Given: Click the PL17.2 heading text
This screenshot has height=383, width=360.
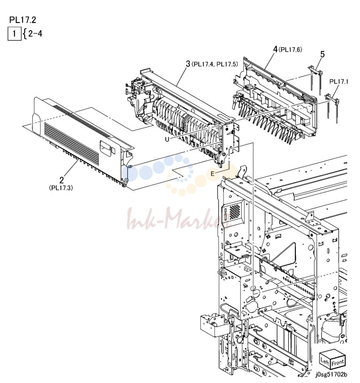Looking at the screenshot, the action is (23, 20).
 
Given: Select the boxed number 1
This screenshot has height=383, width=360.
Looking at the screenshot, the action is (15, 33).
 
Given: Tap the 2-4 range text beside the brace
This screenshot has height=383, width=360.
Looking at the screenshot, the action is (35, 33).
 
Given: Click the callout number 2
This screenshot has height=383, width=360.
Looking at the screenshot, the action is (61, 180).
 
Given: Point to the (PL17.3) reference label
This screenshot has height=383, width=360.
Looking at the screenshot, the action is (61, 188).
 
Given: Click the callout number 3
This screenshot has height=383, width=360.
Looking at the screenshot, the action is (188, 64).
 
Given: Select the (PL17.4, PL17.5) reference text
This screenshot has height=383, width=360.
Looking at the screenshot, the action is (214, 64).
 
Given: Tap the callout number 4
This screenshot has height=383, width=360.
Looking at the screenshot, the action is (275, 50).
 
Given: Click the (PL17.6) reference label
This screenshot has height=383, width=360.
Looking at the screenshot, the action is (290, 50).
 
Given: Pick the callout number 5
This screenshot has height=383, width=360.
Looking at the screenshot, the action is (323, 54).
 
